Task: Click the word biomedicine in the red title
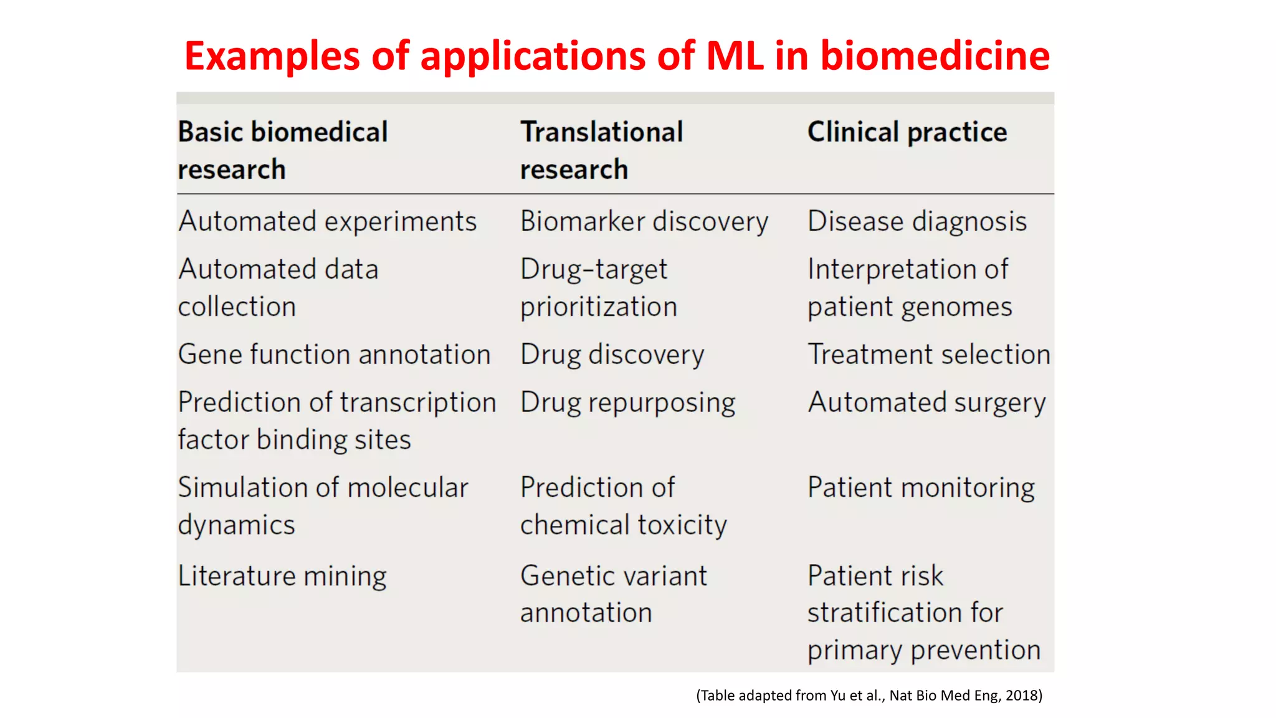point(935,56)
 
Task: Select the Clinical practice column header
point(907,132)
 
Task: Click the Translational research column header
point(601,150)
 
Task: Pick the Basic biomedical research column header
point(282,150)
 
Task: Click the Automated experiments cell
point(327,222)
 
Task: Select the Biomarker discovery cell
point(644,222)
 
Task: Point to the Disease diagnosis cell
point(917,222)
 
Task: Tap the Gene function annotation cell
point(334,355)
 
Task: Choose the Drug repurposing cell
point(627,403)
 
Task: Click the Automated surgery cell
point(926,403)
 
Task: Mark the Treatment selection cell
point(928,355)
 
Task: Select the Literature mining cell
point(282,576)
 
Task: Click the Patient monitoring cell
point(921,488)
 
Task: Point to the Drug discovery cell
point(612,355)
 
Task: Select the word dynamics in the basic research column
point(236,525)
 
